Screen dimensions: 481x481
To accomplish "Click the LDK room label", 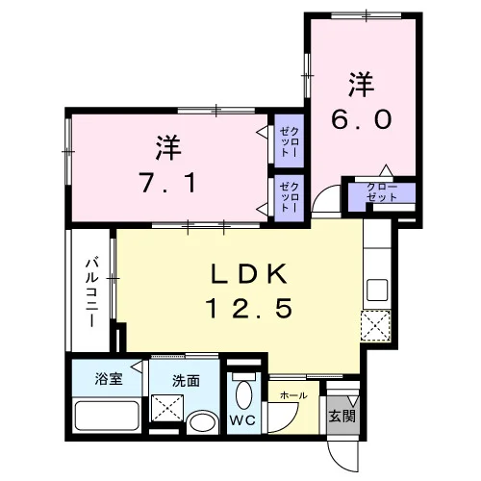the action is [x=249, y=274].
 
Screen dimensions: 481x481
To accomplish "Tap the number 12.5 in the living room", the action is [x=251, y=308].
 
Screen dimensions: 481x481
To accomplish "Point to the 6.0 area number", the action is [x=362, y=119].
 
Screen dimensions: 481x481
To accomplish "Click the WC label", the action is [x=242, y=419].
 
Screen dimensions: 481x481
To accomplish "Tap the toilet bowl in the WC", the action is [x=243, y=393].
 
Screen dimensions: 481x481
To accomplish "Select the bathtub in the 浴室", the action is [x=106, y=416].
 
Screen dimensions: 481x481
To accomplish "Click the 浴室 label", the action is [x=109, y=379].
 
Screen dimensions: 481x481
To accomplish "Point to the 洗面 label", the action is [x=186, y=381].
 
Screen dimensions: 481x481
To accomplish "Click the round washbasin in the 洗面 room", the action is [x=202, y=422].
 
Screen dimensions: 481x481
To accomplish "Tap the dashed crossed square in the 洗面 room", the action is [x=167, y=408].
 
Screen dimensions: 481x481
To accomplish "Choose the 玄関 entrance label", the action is [x=342, y=417].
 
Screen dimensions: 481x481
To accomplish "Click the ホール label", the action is [x=293, y=395].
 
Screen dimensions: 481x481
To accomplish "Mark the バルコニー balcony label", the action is [x=91, y=292].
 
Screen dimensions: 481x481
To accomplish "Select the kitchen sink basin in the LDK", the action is [x=377, y=290].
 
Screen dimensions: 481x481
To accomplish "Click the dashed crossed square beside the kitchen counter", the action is [x=376, y=326].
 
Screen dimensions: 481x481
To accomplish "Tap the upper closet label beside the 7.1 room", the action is [x=290, y=141].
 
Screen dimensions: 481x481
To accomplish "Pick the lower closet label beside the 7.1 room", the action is [x=290, y=197].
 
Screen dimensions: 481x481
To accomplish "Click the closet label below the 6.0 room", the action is [x=382, y=192].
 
